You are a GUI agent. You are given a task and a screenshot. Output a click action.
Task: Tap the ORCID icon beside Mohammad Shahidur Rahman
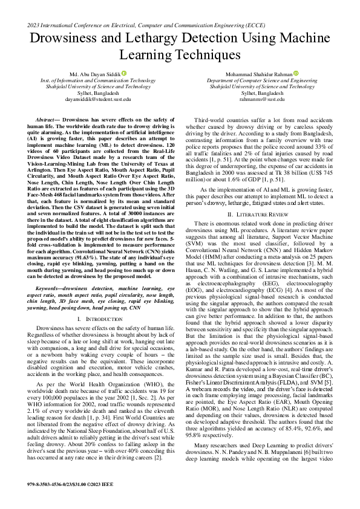[296, 74]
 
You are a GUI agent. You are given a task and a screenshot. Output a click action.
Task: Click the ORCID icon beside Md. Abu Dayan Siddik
[125, 74]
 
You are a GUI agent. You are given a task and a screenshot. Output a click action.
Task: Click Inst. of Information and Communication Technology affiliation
[98, 80]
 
